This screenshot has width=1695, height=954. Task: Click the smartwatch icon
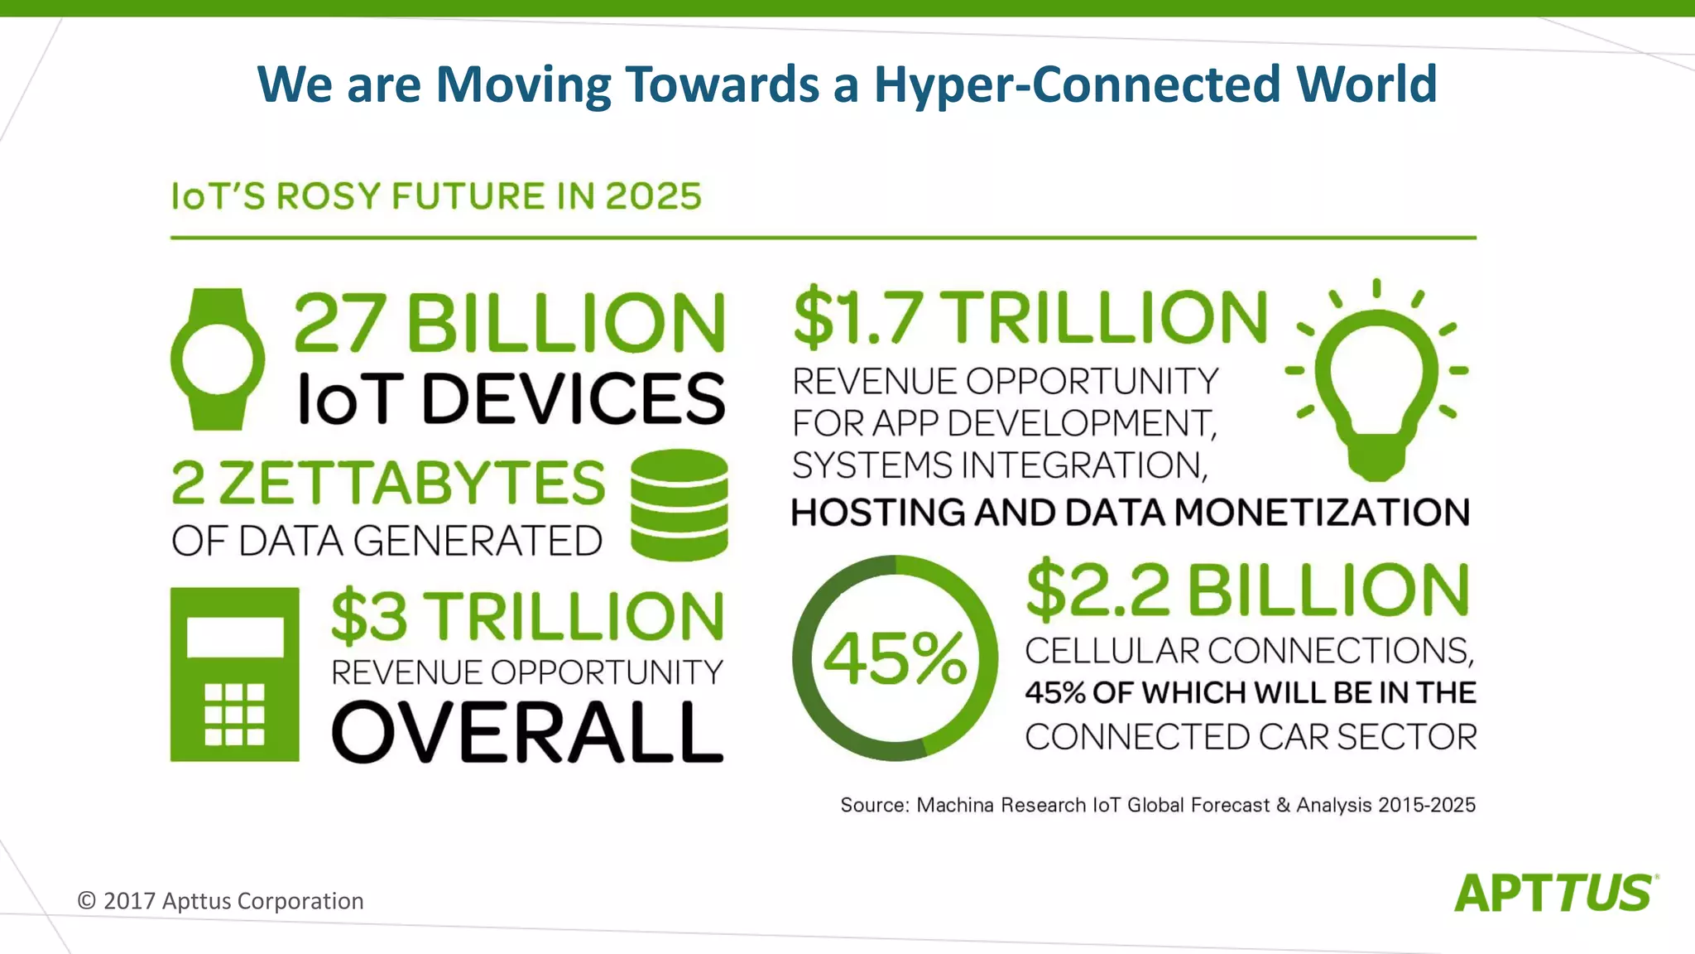(x=218, y=359)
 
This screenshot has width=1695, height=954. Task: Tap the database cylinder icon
(x=679, y=504)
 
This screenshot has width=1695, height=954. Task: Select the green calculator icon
(x=235, y=674)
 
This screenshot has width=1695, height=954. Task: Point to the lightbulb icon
(x=1376, y=381)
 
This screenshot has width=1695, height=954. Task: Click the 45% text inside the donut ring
(x=895, y=658)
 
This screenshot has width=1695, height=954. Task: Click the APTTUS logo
(x=1555, y=893)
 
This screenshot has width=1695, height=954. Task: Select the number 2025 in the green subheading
(x=653, y=196)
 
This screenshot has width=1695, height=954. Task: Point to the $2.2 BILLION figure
(x=1247, y=591)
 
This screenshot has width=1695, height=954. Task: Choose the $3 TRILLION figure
(x=527, y=617)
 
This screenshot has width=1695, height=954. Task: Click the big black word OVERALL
(x=527, y=732)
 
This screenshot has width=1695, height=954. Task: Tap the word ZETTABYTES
(x=411, y=484)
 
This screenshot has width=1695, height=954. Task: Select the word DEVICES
(x=573, y=398)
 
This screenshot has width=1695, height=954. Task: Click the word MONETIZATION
(x=1322, y=513)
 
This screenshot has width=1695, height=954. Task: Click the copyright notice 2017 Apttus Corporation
(x=220, y=901)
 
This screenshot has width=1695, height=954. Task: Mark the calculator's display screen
(x=235, y=636)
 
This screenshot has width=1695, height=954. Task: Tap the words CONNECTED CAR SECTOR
(x=1251, y=736)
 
